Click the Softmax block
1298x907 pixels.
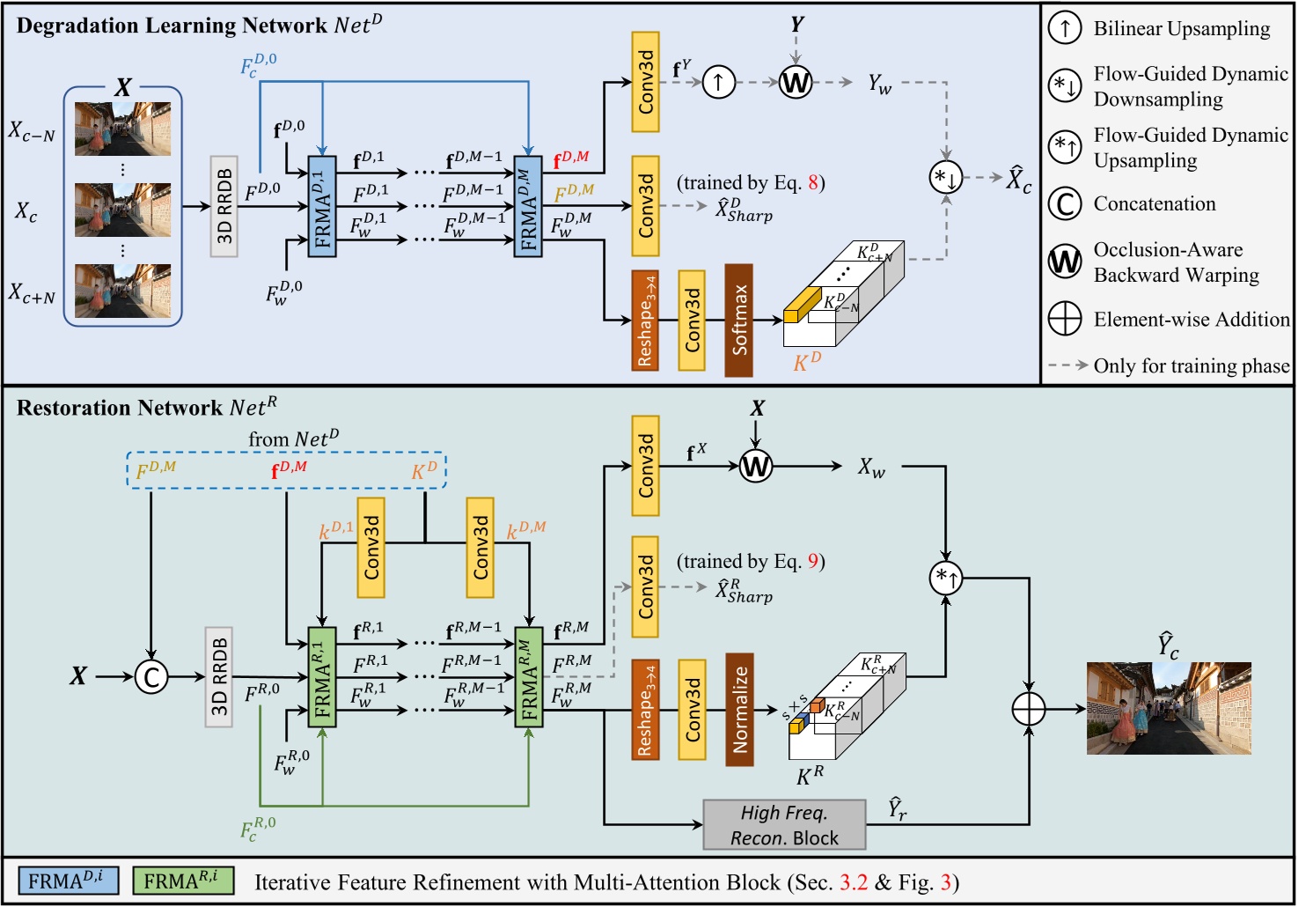click(738, 320)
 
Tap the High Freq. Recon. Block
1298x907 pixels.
click(784, 825)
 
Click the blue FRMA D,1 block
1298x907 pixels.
click(322, 207)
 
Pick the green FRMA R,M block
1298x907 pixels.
click(529, 677)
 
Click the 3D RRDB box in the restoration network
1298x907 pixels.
click(219, 677)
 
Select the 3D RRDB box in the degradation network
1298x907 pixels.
click(224, 207)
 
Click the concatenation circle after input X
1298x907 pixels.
click(151, 677)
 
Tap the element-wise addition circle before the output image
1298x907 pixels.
click(1029, 708)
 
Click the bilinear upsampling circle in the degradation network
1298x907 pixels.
click(719, 83)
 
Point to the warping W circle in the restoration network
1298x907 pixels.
click(755, 466)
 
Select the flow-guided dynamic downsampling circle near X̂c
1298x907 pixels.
click(946, 178)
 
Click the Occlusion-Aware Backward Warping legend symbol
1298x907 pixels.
click(1065, 262)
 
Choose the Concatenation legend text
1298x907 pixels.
click(1155, 203)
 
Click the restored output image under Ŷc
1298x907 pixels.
click(1169, 709)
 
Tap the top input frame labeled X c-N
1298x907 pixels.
click(123, 129)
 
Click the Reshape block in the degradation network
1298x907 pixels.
click(645, 320)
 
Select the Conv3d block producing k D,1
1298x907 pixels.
click(370, 547)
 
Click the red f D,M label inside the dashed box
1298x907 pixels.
click(289, 468)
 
